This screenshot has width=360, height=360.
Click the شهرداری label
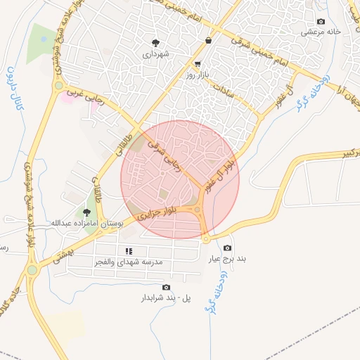[x=155, y=53]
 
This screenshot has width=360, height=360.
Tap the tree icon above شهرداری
[x=155, y=42]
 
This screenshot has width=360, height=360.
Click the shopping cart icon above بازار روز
[x=206, y=63]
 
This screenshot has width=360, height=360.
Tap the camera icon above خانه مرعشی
[x=321, y=21]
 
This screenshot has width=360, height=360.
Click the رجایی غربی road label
[x=84, y=94]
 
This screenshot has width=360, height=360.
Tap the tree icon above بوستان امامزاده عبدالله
[x=87, y=212]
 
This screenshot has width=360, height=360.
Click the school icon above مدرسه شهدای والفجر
[x=129, y=250]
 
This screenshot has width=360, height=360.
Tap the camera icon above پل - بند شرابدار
[x=166, y=287]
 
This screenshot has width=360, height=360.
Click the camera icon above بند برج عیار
[x=227, y=248]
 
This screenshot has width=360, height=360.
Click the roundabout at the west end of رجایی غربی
[x=58, y=86]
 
